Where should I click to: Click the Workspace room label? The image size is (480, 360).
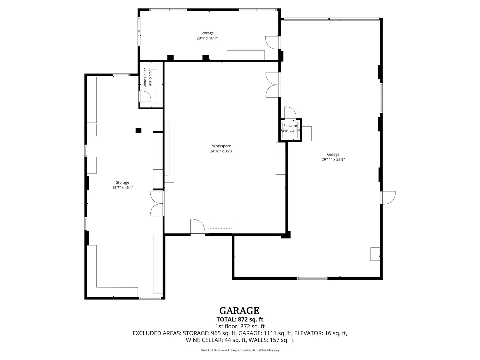[221, 146]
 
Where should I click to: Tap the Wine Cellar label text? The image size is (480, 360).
[145, 78]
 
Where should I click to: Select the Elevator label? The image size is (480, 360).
[290, 126]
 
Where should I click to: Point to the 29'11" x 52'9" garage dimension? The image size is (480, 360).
[333, 159]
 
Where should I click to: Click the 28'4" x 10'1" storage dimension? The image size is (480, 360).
[207, 38]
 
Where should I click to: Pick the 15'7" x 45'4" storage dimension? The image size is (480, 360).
[122, 187]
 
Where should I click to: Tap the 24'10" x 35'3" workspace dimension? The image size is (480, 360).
[222, 151]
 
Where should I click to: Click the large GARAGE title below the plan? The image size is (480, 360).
[239, 311]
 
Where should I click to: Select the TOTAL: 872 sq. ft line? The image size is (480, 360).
[240, 319]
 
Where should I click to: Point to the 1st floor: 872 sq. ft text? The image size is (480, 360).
[240, 326]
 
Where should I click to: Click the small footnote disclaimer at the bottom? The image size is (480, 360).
[240, 350]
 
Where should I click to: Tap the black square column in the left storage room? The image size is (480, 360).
[138, 130]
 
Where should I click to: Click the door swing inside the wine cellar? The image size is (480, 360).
[145, 96]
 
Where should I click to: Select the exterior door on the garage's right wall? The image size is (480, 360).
[388, 198]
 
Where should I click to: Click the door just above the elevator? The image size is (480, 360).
[290, 113]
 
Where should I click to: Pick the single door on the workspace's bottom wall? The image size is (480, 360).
[197, 227]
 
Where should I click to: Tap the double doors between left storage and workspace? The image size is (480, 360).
[157, 203]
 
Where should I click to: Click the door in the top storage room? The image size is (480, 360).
[273, 43]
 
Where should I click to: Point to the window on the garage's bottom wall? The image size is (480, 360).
[312, 278]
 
